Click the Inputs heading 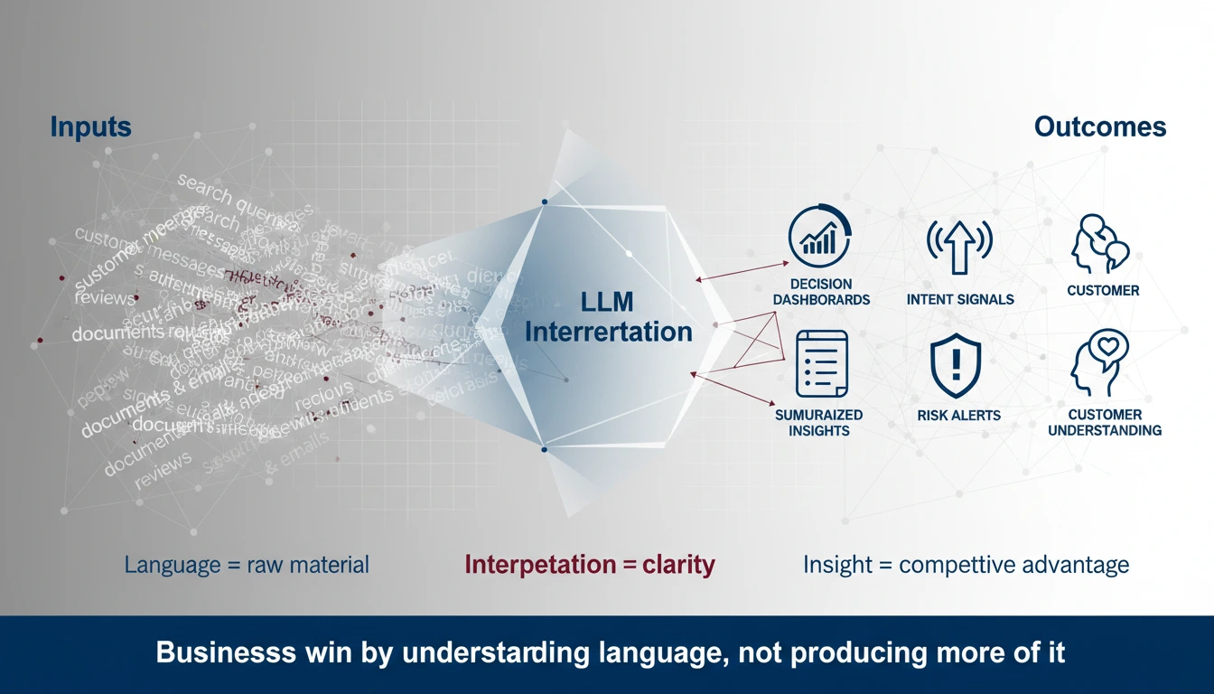pyautogui.click(x=90, y=127)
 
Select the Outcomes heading pyautogui.click(x=1099, y=127)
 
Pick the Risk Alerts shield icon pyautogui.click(x=956, y=365)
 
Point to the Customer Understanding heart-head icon pyautogui.click(x=1100, y=362)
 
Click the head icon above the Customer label pyautogui.click(x=1100, y=242)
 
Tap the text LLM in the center pyautogui.click(x=608, y=301)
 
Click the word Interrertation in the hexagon pyautogui.click(x=608, y=332)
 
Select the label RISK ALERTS pyautogui.click(x=958, y=416)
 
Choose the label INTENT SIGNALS pyautogui.click(x=959, y=299)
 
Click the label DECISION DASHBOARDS pyautogui.click(x=820, y=292)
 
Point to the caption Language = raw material pyautogui.click(x=247, y=566)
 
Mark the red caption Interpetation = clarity pyautogui.click(x=589, y=566)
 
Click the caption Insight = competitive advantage pyautogui.click(x=966, y=566)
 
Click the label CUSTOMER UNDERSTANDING pyautogui.click(x=1104, y=423)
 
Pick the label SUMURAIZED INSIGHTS pyautogui.click(x=818, y=423)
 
